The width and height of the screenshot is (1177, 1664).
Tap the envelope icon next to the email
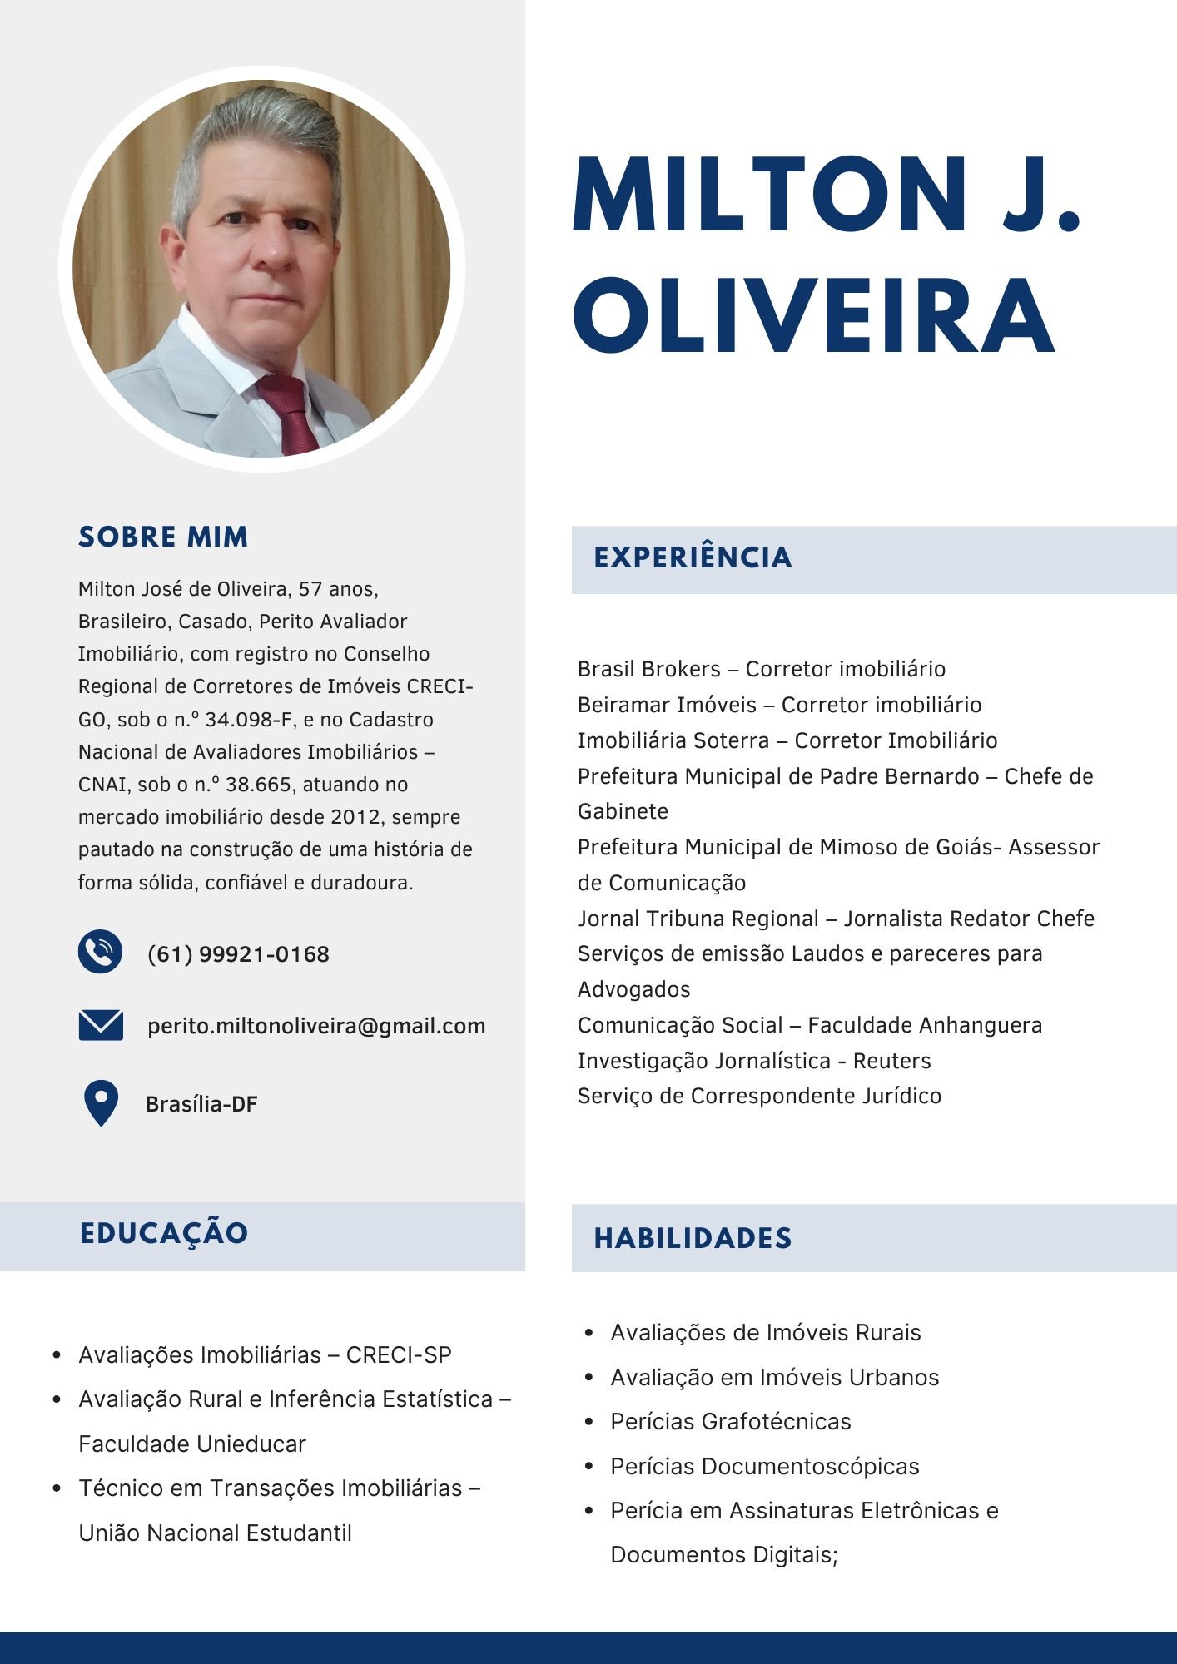pyautogui.click(x=101, y=1025)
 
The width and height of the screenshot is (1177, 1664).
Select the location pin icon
pyautogui.click(x=101, y=1102)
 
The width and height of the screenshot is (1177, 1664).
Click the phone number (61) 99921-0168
pyautogui.click(x=238, y=954)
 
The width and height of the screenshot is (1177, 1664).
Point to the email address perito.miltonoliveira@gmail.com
pyautogui.click(x=316, y=1026)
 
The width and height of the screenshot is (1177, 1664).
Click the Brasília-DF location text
pyautogui.click(x=201, y=1104)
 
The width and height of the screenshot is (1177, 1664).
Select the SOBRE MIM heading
pyautogui.click(x=163, y=537)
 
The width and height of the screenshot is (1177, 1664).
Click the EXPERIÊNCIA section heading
pyautogui.click(x=693, y=557)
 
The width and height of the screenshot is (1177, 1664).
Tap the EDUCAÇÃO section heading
pyautogui.click(x=164, y=1233)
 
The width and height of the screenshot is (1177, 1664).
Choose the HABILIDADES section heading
pyautogui.click(x=693, y=1238)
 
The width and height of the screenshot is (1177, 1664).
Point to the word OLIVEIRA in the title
pyautogui.click(x=814, y=315)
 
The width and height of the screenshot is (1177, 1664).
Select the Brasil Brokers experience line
pyautogui.click(x=761, y=669)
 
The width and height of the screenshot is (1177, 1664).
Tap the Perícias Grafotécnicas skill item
pyautogui.click(x=730, y=1421)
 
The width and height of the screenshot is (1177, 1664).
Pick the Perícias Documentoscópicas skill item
pyautogui.click(x=764, y=1466)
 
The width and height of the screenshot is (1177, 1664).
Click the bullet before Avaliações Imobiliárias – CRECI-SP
pyautogui.click(x=57, y=1355)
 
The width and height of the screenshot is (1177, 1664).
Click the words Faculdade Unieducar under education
pyautogui.click(x=192, y=1444)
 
